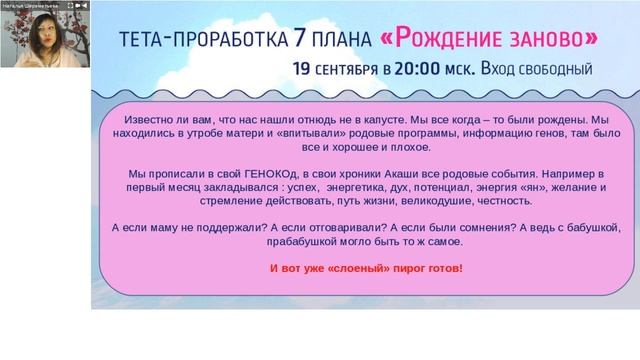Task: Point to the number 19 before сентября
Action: click(x=302, y=69)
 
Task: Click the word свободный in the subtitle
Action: click(x=549, y=69)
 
